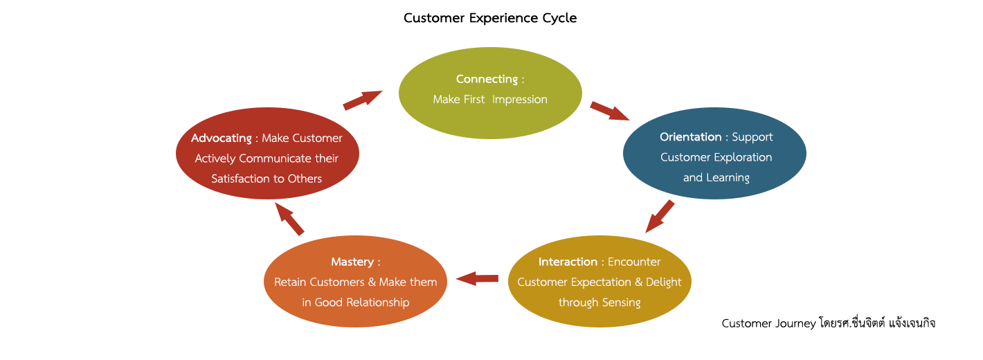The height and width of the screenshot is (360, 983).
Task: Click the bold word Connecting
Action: [x=487, y=79]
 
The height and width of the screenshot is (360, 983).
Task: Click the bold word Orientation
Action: [x=691, y=137]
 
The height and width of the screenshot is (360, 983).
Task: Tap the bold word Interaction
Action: [x=568, y=262]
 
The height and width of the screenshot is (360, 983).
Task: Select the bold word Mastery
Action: [x=352, y=262]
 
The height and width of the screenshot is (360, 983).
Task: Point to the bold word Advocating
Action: [x=221, y=138]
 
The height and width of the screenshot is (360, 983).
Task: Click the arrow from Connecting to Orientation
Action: [x=609, y=111]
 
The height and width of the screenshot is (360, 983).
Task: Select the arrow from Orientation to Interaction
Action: [x=660, y=216]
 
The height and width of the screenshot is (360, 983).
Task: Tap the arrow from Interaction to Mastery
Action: [x=477, y=278]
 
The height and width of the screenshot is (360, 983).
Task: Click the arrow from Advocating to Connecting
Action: [x=363, y=100]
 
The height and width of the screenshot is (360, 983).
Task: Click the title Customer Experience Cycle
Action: [x=490, y=18]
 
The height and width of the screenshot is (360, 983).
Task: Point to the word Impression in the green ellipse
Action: [x=519, y=100]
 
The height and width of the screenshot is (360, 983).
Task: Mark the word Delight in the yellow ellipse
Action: [x=663, y=282]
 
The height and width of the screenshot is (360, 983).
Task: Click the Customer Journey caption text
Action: [x=828, y=323]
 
